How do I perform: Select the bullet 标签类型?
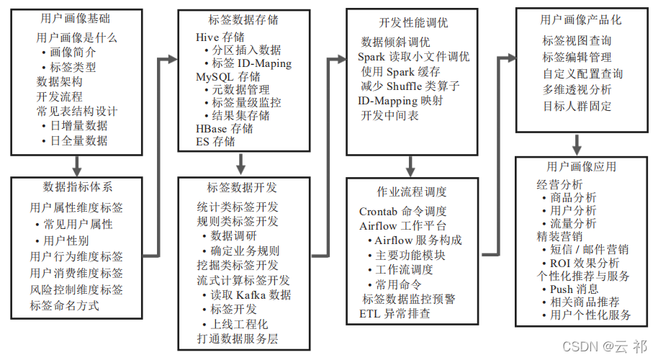tap(73, 67)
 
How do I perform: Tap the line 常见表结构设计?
tap(76, 112)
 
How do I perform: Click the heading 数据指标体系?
tap(77, 186)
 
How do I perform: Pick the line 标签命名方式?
tap(64, 305)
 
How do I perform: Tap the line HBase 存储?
tap(224, 128)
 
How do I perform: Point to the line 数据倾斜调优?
tap(395, 42)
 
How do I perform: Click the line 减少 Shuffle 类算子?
tap(411, 86)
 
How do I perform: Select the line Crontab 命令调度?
tap(402, 211)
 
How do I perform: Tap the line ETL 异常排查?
tap(395, 313)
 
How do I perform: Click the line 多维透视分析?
tap(577, 90)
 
